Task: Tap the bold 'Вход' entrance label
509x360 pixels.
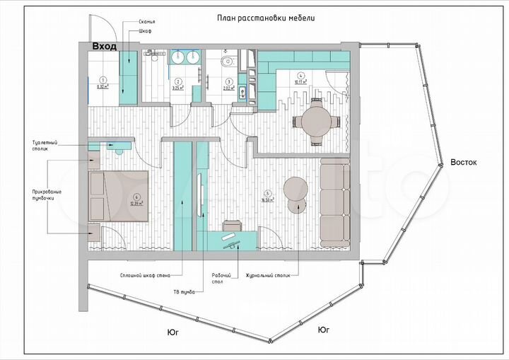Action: [x=105, y=46]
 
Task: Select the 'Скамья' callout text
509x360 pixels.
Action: [x=138, y=23]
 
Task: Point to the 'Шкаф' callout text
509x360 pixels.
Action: [x=136, y=33]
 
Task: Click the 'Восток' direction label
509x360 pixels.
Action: [x=464, y=162]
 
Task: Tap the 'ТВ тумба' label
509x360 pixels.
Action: [x=185, y=291]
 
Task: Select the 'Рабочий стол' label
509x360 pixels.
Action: [x=217, y=279]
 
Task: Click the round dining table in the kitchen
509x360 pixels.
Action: [x=316, y=120]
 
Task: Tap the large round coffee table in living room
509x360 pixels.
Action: [x=296, y=187]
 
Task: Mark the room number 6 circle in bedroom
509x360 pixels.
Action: [x=136, y=197]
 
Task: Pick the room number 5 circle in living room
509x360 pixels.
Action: [x=267, y=193]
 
